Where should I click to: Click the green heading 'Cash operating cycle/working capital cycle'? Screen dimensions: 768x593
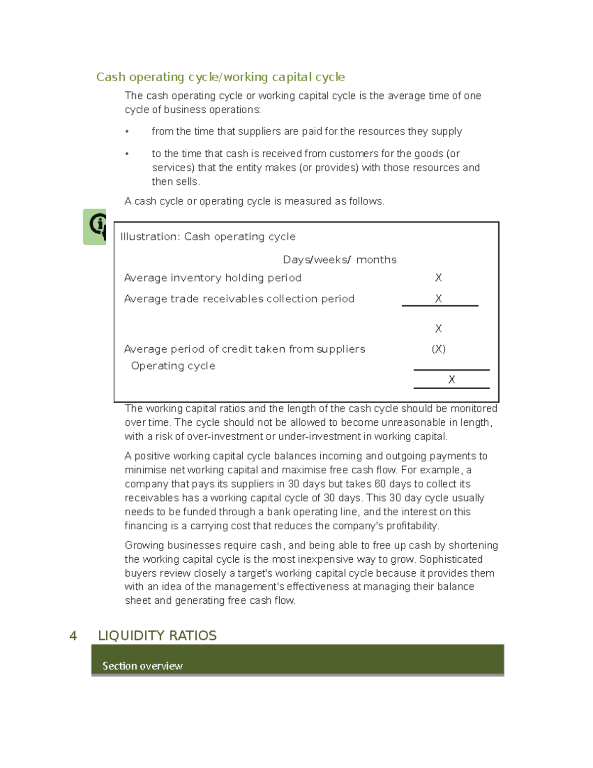(x=220, y=77)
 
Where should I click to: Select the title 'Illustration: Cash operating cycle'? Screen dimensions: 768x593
(x=208, y=237)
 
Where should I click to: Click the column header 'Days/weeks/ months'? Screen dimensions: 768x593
(x=339, y=260)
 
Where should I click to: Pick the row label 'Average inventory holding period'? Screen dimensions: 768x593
(x=212, y=278)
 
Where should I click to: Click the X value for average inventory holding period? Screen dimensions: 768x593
(x=438, y=278)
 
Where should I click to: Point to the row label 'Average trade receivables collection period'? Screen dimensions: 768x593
(x=239, y=299)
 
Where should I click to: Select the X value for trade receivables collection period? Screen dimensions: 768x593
(x=438, y=299)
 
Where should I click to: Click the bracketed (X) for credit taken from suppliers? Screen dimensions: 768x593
(x=438, y=349)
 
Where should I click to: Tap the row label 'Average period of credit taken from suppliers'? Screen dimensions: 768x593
(x=244, y=349)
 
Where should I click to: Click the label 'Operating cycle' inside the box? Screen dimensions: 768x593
(x=173, y=366)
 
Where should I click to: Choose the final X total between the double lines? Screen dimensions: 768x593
(x=451, y=380)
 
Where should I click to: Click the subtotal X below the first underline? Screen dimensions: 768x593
(x=438, y=329)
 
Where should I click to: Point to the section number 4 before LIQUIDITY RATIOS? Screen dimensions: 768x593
(x=73, y=636)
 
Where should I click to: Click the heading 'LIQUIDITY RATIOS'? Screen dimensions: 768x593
(x=157, y=636)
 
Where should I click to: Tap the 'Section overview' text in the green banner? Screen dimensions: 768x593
(x=142, y=666)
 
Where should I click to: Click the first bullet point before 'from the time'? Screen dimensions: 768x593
(x=127, y=132)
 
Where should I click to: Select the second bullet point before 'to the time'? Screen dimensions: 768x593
(x=127, y=154)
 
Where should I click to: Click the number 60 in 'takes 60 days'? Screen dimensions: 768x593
(x=380, y=484)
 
